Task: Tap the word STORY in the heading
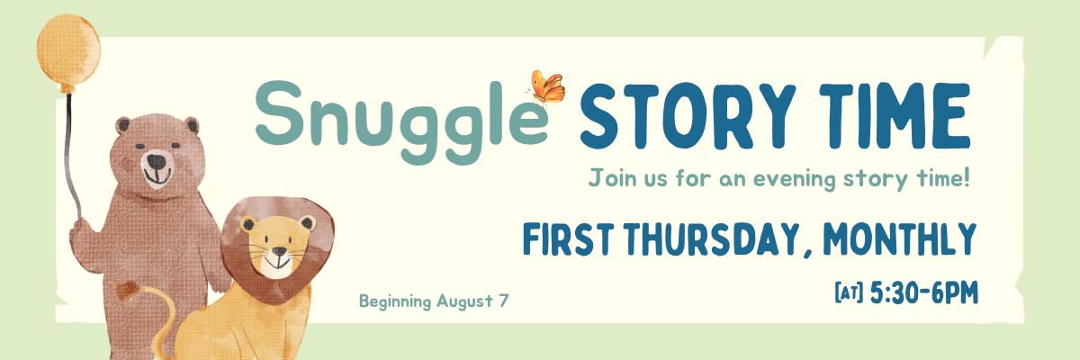(x=688, y=116)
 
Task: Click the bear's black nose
(x=157, y=161)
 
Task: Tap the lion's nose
(x=279, y=251)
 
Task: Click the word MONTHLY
(x=900, y=239)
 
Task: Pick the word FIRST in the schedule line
(x=568, y=239)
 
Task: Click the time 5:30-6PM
(x=924, y=292)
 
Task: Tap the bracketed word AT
(x=849, y=293)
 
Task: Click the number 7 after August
(x=503, y=301)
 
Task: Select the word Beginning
(x=395, y=302)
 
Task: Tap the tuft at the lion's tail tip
(x=127, y=290)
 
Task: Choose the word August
(x=464, y=302)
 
